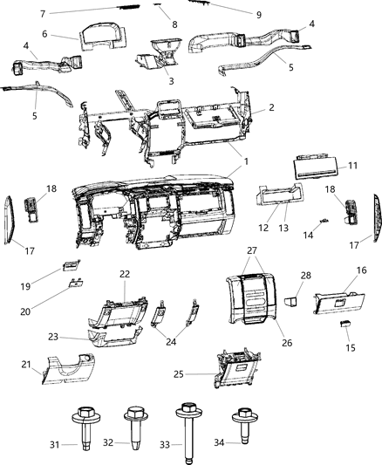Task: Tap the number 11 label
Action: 353,165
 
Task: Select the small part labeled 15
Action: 344,323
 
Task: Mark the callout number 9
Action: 235,14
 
